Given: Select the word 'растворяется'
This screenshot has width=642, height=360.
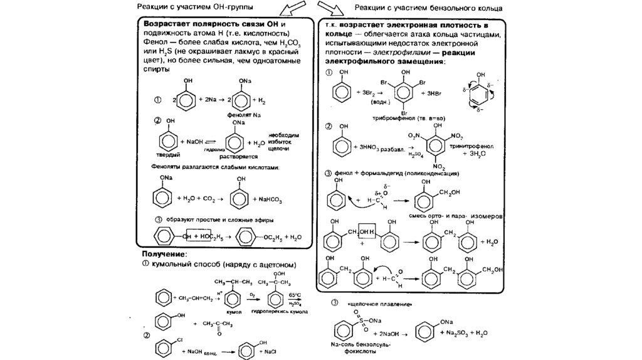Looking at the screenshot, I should tap(238, 157).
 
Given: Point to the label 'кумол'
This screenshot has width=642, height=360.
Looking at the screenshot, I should tap(234, 310).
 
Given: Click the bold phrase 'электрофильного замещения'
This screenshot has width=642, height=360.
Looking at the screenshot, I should tap(384, 63).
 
